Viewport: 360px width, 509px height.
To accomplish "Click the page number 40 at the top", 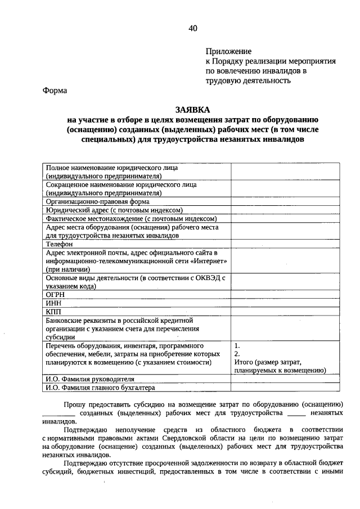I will pyautogui.click(x=193, y=28).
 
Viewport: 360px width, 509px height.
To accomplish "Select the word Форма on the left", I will pyautogui.click(x=55, y=91).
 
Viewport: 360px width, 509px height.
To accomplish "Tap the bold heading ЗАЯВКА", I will pyautogui.click(x=193, y=110).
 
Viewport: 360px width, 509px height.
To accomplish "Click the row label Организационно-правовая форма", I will pyautogui.click(x=97, y=201).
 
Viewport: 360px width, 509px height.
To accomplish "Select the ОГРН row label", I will pyautogui.click(x=55, y=294).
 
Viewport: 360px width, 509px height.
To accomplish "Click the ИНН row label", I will pyautogui.click(x=53, y=303).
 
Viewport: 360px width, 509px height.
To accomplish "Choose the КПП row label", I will pyautogui.click(x=54, y=311).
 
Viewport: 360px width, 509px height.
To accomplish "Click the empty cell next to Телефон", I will pyautogui.click(x=285, y=245).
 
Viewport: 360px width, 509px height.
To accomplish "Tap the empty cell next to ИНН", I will pyautogui.click(x=285, y=303).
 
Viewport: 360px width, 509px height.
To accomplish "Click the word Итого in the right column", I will pyautogui.click(x=244, y=363).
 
